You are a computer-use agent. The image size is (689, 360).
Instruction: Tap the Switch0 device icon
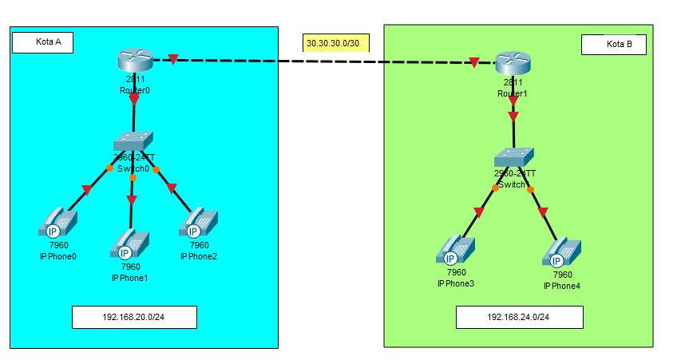133,141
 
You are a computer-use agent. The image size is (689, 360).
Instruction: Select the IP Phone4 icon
561,251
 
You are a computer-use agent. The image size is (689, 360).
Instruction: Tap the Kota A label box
43,42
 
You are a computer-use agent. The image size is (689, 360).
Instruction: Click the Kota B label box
613,45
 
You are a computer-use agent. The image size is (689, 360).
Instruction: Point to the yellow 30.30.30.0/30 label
335,42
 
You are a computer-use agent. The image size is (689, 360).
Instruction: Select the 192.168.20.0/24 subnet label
134,317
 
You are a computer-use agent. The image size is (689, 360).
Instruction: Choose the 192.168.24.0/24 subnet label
519,317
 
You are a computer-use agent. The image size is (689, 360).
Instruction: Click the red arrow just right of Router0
173,59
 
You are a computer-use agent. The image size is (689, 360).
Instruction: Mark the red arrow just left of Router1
474,63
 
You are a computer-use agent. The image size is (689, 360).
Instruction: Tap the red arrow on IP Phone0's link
86,190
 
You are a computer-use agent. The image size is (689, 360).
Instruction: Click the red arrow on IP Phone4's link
543,213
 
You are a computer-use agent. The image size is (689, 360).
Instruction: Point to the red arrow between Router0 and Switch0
134,100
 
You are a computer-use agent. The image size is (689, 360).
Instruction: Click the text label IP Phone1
129,277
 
